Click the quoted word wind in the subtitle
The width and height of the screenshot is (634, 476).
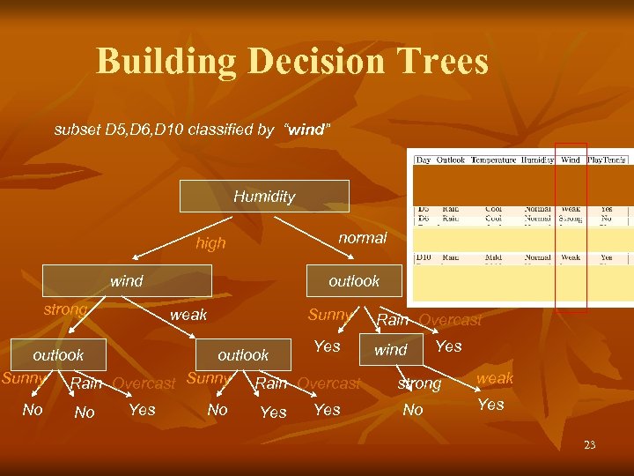[306, 130]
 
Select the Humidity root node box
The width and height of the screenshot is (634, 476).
[264, 197]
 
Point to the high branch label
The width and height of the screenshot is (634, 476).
[210, 243]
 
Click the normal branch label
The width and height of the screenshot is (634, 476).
[362, 238]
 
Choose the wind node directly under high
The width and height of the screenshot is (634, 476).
[127, 281]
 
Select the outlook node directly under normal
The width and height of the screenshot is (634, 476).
[354, 281]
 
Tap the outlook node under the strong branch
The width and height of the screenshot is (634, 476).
[58, 354]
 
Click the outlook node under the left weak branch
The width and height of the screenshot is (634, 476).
[243, 354]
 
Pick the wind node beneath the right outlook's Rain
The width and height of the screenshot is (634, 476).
[391, 350]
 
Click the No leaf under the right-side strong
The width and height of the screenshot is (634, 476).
[412, 410]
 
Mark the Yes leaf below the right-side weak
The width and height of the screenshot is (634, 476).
[490, 405]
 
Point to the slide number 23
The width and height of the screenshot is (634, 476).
[589, 445]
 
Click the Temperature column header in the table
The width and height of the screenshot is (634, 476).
[494, 160]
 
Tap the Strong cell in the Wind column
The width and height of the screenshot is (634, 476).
[571, 218]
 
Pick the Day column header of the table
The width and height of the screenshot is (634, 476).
[424, 160]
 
